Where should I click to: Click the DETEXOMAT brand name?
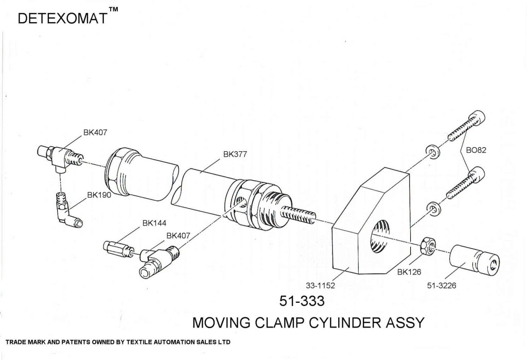point(62,19)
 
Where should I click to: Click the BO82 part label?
point(476,150)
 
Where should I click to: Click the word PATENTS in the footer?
point(75,342)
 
